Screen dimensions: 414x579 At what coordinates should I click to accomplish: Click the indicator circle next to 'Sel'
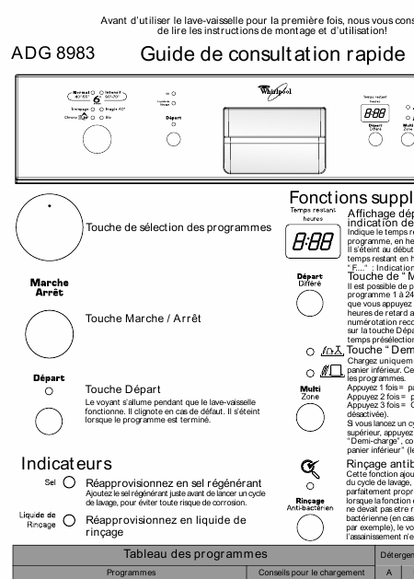click(69, 482)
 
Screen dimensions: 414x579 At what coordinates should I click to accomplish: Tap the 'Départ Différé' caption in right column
click(309, 281)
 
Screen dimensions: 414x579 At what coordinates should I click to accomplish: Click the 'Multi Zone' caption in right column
click(310, 392)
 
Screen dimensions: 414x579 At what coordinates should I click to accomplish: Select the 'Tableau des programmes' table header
click(190, 553)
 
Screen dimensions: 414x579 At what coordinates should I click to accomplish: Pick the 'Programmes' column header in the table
click(130, 572)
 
